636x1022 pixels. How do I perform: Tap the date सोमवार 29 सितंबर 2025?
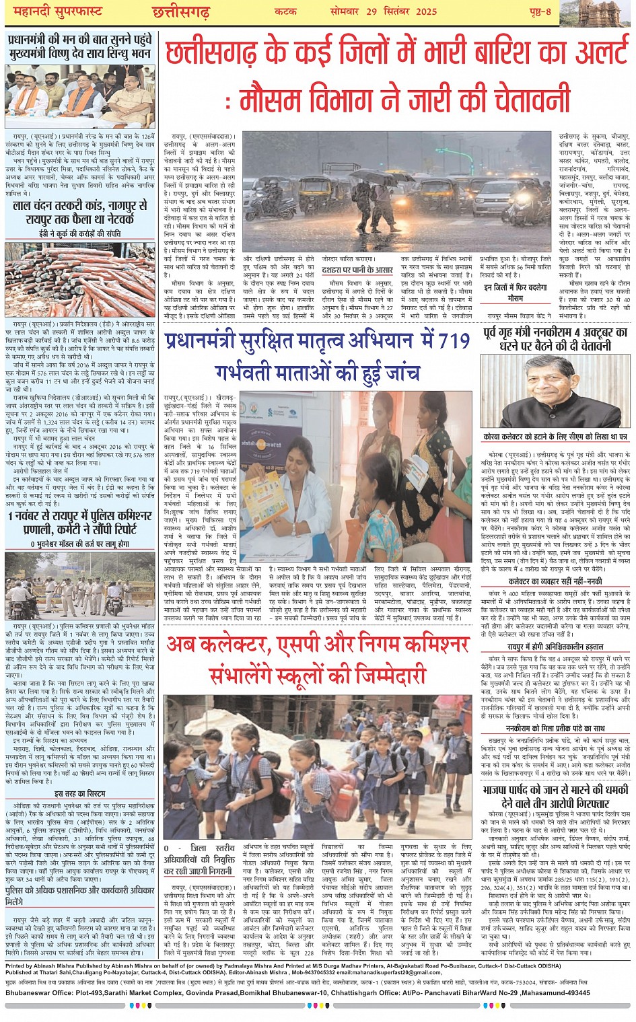pos(384,11)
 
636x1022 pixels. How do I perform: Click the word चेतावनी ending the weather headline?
pos(519,100)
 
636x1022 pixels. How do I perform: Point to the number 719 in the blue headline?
pos(453,341)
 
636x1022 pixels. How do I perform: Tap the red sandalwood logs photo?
pos(79,271)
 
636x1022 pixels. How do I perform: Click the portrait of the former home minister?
pos(555,391)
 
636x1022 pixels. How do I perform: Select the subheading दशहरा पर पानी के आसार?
pos(357,270)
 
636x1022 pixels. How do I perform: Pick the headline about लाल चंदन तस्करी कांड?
pos(79,213)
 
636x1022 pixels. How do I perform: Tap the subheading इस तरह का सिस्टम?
pos(79,794)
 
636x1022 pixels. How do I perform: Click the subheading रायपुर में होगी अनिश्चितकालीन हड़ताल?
pos(555,646)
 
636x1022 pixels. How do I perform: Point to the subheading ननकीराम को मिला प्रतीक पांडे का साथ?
pos(555,728)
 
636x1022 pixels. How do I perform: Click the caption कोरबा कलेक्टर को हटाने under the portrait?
pos(555,437)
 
